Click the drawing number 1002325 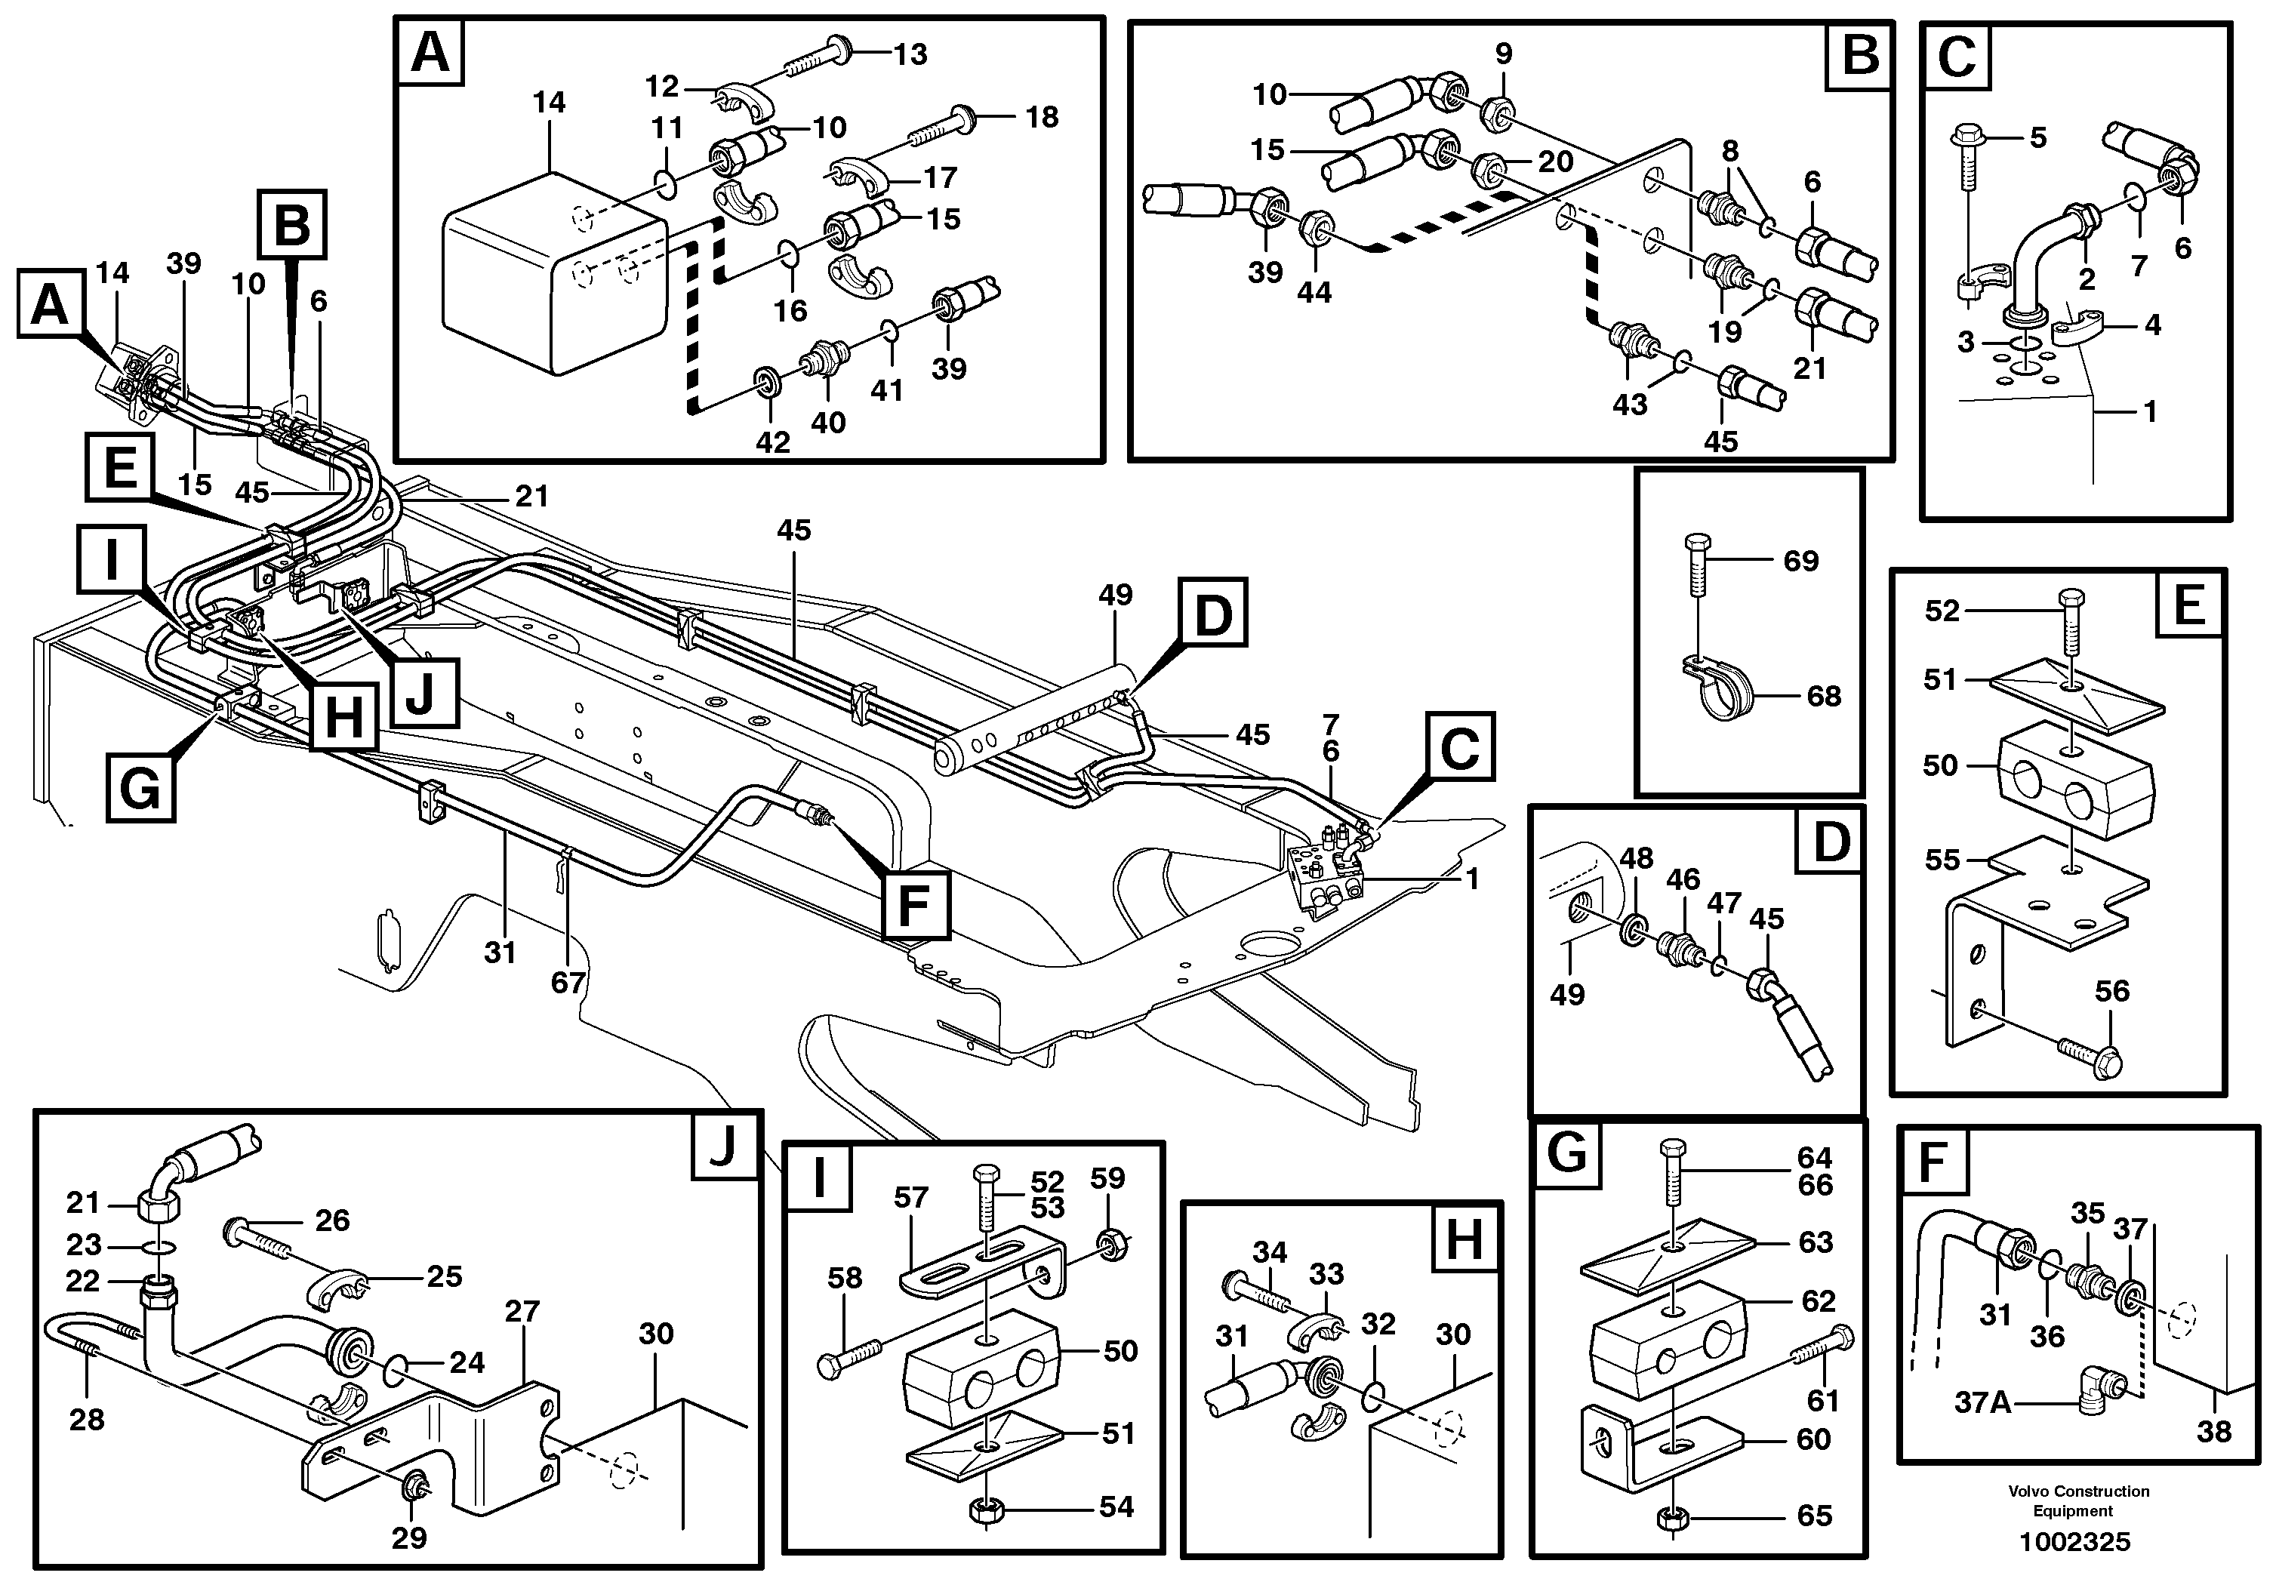pyautogui.click(x=2073, y=1542)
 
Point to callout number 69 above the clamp pyautogui.click(x=1800, y=561)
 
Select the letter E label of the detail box pyautogui.click(x=2188, y=605)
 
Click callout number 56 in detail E pyautogui.click(x=2111, y=990)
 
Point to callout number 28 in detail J pyautogui.click(x=86, y=1420)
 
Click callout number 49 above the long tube pyautogui.click(x=1115, y=596)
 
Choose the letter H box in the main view pyautogui.click(x=343, y=716)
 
